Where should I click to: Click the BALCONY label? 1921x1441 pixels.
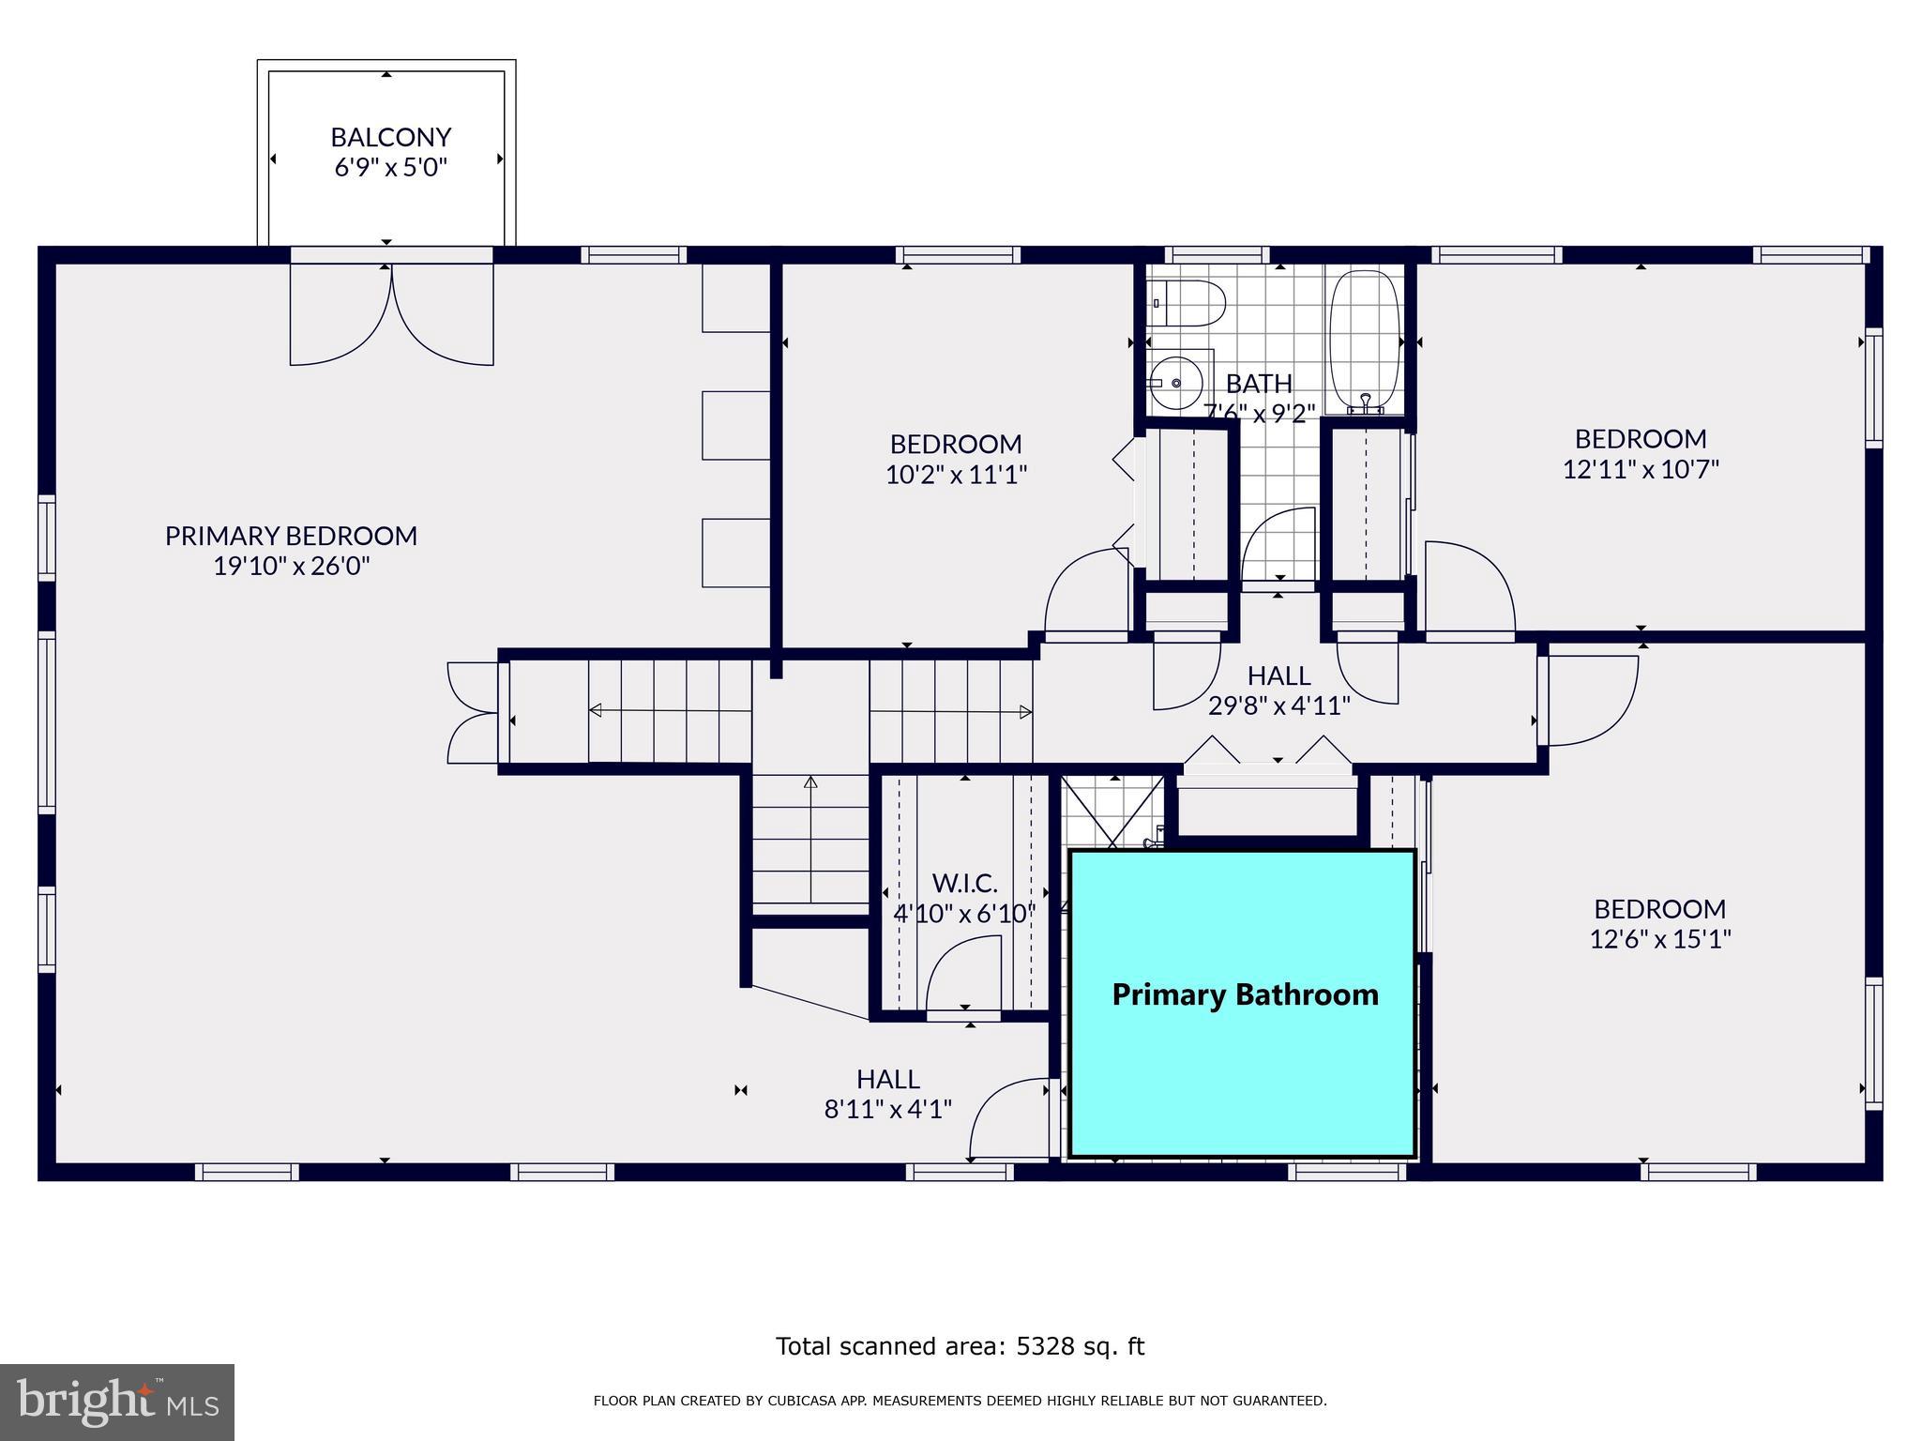point(390,137)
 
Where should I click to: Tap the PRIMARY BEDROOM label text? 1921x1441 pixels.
point(291,536)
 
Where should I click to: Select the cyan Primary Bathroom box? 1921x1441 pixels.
point(1243,1004)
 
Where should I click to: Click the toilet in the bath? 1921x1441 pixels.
point(1188,302)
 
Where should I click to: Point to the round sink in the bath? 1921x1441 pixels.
point(1176,383)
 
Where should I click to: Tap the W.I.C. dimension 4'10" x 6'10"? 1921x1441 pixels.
point(964,913)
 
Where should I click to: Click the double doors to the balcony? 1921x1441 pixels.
point(391,314)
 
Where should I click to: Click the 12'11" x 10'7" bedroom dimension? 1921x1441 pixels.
point(1640,469)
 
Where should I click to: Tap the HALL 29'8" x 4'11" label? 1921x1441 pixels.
point(1278,690)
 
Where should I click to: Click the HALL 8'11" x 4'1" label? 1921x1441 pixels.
point(887,1094)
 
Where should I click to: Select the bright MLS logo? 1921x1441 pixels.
point(116,1402)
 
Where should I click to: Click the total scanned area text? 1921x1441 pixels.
point(960,1346)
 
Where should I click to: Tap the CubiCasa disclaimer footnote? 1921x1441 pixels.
point(960,1402)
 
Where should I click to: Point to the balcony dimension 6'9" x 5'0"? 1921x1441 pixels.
point(390,168)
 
